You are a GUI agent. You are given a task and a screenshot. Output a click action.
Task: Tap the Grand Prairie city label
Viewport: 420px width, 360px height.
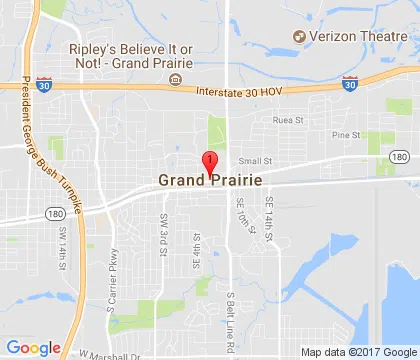[x=210, y=181]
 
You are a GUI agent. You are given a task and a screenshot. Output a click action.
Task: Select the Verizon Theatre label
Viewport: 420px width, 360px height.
[x=351, y=37]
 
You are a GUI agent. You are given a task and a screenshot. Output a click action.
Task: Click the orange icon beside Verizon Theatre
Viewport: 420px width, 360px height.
[x=299, y=37]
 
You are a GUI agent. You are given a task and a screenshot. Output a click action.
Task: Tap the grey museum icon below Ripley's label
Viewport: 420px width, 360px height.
[x=176, y=79]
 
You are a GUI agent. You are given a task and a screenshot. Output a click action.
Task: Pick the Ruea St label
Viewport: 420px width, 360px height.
[x=290, y=122]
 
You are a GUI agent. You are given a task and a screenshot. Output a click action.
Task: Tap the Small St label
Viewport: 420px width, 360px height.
[x=254, y=159]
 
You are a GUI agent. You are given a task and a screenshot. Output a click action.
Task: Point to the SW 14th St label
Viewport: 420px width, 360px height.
[x=62, y=244]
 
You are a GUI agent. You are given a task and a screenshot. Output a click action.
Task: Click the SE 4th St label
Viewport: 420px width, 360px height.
[x=198, y=247]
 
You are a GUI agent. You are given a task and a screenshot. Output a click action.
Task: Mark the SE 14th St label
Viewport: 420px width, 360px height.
[x=268, y=215]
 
